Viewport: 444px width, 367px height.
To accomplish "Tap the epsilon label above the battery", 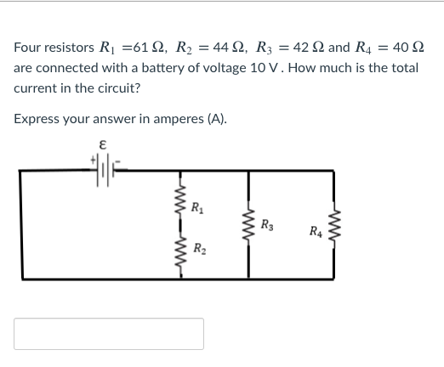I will click(102, 145).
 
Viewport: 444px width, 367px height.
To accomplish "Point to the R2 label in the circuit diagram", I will click(197, 249).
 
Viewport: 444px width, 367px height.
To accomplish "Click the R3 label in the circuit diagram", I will click(268, 225).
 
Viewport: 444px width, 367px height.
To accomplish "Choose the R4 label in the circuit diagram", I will click(316, 230).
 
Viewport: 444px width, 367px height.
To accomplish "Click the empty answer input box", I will click(109, 334).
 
